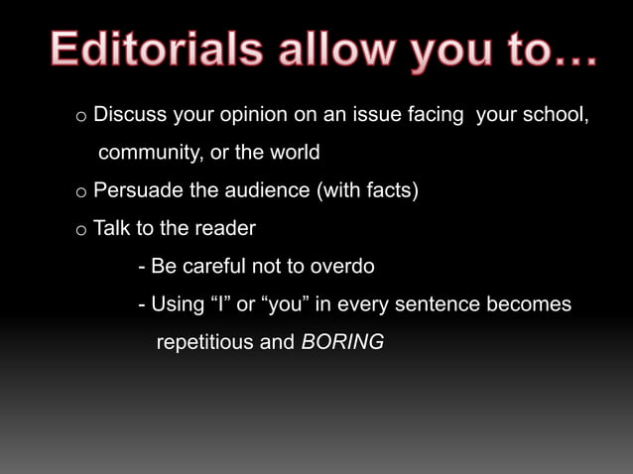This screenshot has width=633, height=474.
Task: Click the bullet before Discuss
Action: click(80, 117)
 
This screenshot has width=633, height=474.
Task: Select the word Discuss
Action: click(129, 115)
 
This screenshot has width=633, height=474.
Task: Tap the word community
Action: click(148, 154)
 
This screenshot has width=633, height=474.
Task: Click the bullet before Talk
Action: click(80, 230)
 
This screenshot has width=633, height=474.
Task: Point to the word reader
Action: click(224, 228)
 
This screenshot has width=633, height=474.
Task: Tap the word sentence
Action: click(437, 304)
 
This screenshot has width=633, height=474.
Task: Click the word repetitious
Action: click(203, 342)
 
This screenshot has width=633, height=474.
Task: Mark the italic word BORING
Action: click(341, 342)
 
